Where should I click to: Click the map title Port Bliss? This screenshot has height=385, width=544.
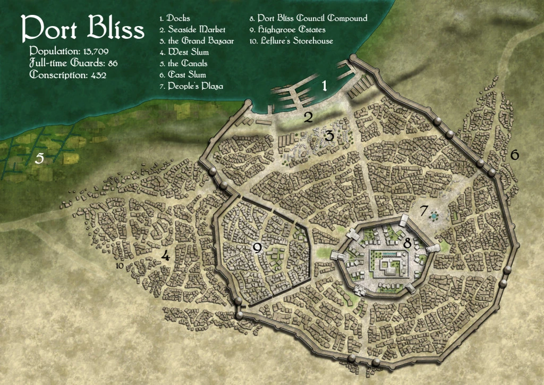(x=82, y=29)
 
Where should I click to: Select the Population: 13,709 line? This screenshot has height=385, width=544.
(x=71, y=52)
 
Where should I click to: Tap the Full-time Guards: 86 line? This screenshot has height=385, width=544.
(x=73, y=63)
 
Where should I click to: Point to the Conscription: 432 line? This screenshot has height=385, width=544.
(x=68, y=75)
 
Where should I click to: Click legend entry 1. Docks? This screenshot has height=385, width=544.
(x=175, y=19)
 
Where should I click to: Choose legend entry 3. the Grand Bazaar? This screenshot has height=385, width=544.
(x=189, y=41)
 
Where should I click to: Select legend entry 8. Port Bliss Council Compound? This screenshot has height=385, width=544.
(x=308, y=19)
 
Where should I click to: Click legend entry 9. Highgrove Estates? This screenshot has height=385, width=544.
(x=287, y=30)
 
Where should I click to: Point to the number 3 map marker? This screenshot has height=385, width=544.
(x=329, y=137)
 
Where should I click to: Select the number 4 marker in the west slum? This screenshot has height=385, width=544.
(x=165, y=256)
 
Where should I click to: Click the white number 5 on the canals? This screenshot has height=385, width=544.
(x=38, y=158)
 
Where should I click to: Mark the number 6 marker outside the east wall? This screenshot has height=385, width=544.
(x=514, y=155)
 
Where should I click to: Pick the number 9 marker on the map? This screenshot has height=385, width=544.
(x=257, y=248)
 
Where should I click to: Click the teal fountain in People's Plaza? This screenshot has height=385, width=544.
(x=435, y=216)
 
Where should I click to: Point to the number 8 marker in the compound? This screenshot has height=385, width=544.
(x=407, y=244)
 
